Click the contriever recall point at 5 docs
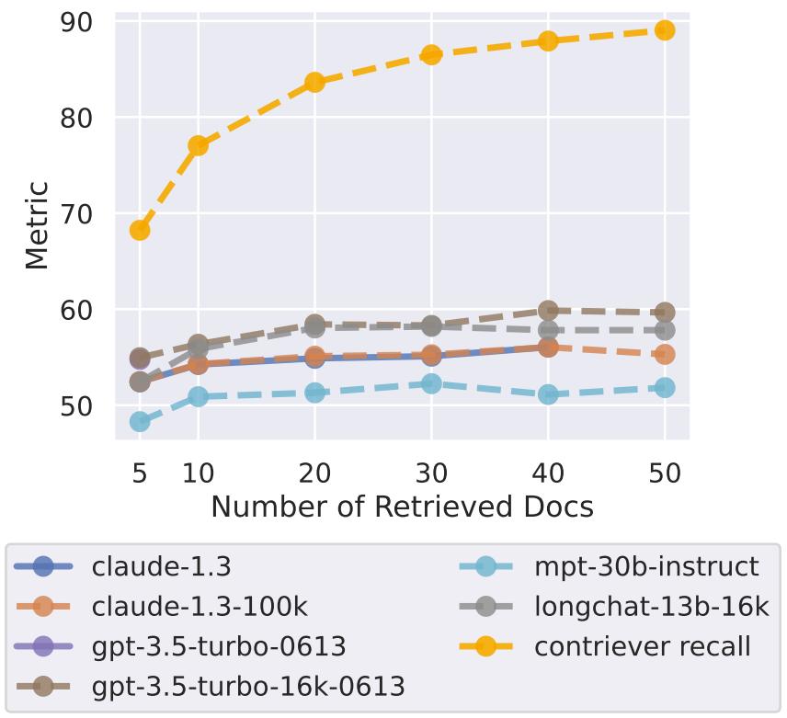coord(140,230)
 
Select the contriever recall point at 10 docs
coord(198,145)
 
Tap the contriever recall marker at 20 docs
coord(314,82)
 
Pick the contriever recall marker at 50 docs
coord(665,30)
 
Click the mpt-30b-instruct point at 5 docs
coord(140,421)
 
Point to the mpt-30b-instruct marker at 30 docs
coord(431,383)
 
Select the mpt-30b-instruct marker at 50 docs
coord(665,388)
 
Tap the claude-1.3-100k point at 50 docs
coord(665,354)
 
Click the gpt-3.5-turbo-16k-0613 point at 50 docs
coord(665,313)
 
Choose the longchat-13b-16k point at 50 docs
coord(665,330)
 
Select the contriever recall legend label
coord(643,645)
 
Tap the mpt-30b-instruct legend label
coord(647,565)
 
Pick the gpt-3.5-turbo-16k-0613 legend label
coord(248,686)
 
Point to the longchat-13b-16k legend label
coord(652,606)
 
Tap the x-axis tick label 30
coord(431,473)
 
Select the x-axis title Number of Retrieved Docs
coord(402,507)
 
